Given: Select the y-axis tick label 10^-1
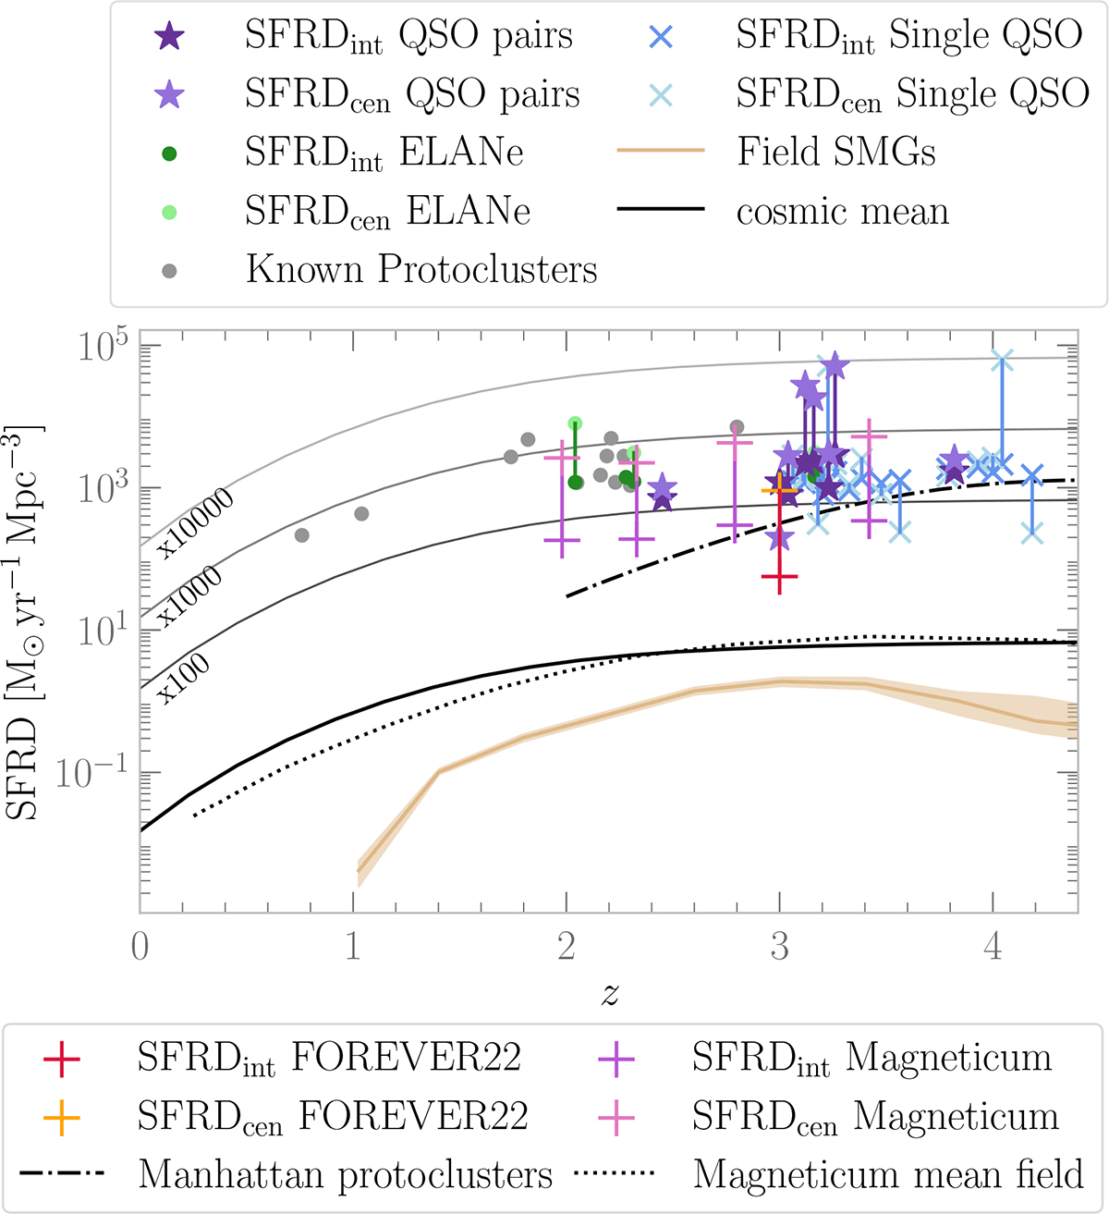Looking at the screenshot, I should point(89,773).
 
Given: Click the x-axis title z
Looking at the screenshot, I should point(610,995).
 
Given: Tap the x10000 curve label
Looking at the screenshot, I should point(195,523).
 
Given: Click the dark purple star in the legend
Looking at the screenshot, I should point(169,37).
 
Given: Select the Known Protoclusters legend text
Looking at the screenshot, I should point(421,270).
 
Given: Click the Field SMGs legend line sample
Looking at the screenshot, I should point(660,152).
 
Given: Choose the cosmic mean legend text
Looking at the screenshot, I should point(842,212).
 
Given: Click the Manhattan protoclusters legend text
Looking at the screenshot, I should point(345,1175).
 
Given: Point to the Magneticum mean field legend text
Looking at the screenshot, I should point(887,1175).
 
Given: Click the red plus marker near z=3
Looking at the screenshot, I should point(780,578).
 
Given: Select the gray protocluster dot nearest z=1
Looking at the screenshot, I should point(361,514).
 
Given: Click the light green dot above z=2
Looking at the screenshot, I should point(575,423).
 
